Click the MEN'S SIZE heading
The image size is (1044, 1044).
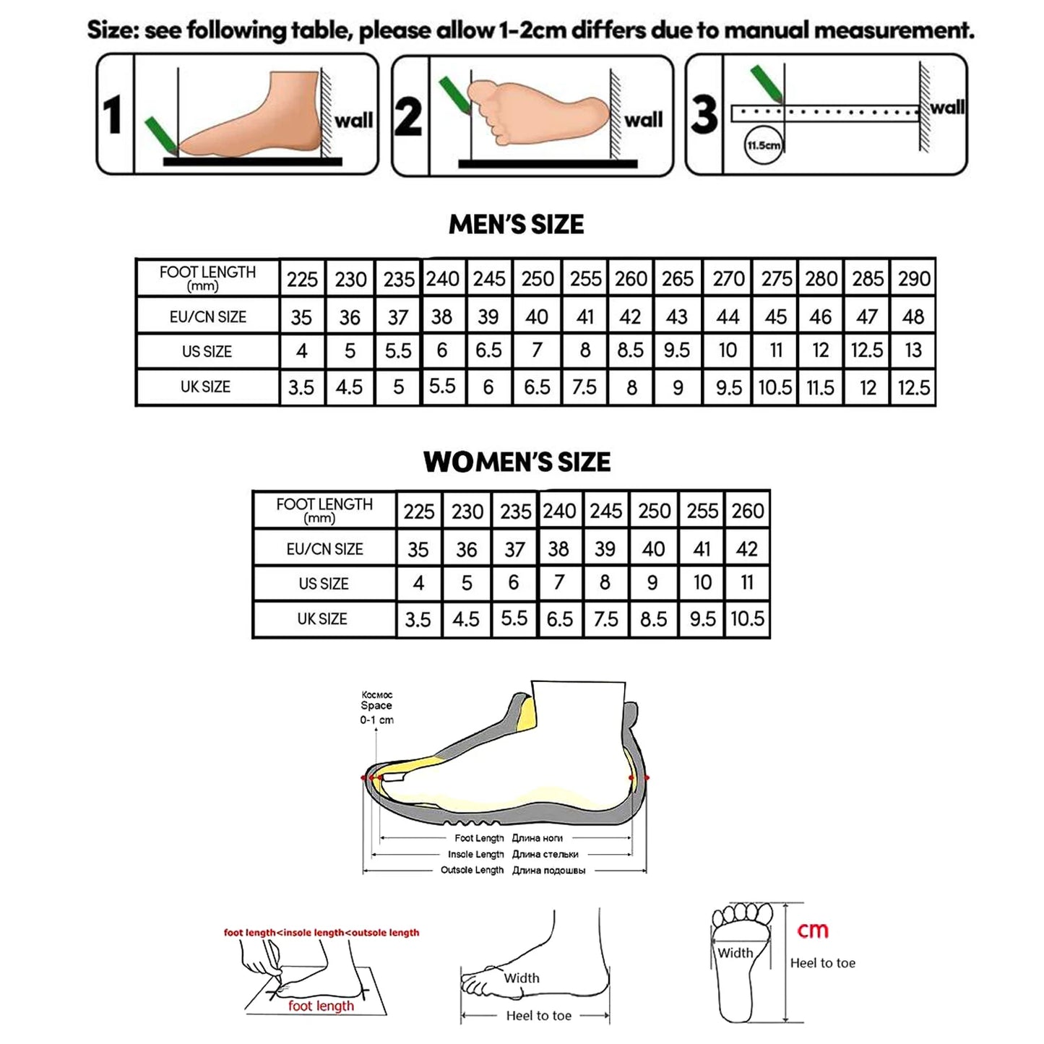(516, 225)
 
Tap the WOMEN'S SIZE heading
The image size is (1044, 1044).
(517, 462)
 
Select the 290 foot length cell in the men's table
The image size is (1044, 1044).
(914, 279)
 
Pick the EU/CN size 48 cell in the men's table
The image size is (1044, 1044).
(913, 316)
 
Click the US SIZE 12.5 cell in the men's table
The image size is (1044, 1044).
(866, 350)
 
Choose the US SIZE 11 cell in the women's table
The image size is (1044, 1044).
(747, 582)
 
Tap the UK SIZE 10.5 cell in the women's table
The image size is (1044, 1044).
(747, 619)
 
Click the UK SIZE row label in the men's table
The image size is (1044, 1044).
(206, 387)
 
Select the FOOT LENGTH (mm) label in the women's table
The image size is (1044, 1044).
(324, 510)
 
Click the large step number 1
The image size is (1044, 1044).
(113, 115)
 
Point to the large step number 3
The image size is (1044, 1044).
(704, 115)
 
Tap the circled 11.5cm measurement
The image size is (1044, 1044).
(763, 145)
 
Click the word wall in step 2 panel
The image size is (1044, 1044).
(643, 120)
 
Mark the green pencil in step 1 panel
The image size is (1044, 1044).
(158, 137)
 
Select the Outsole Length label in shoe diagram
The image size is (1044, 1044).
(472, 870)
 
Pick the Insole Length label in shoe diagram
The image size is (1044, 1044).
(475, 854)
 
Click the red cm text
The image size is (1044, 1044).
(812, 931)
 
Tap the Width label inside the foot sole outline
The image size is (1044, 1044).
(735, 953)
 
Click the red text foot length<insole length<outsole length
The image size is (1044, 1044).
(322, 933)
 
